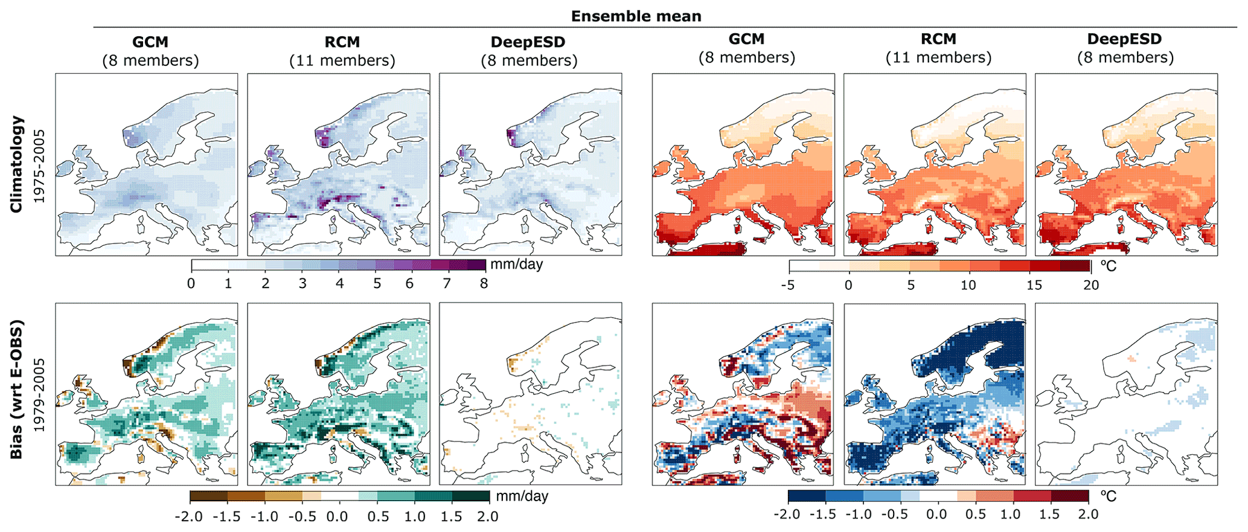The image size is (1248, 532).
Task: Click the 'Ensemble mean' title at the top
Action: [636, 16]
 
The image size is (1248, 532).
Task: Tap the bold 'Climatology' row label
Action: [16, 164]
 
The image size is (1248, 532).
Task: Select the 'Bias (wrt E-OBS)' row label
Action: [16, 389]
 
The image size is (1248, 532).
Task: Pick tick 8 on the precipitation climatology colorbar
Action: [484, 283]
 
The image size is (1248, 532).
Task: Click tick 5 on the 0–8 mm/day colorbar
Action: [377, 283]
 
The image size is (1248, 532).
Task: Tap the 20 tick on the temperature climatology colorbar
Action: [1090, 285]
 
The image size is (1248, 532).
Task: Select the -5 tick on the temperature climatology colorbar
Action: [787, 285]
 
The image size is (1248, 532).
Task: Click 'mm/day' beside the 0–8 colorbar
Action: [516, 264]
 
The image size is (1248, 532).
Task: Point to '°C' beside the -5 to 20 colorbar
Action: [1108, 266]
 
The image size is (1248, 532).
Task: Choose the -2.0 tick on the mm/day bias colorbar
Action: [189, 517]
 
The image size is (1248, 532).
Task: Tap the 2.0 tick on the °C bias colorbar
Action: [1088, 514]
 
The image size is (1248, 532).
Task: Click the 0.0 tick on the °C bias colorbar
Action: [936, 514]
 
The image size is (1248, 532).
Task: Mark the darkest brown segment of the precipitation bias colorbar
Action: [209, 496]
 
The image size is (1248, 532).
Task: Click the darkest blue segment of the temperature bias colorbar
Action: [807, 496]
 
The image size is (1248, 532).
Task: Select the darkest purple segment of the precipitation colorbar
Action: [476, 264]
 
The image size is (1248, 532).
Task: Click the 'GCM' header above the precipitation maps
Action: [150, 42]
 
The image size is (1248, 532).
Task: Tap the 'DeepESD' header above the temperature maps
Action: [1124, 39]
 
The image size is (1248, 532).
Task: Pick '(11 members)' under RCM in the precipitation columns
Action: [342, 61]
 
